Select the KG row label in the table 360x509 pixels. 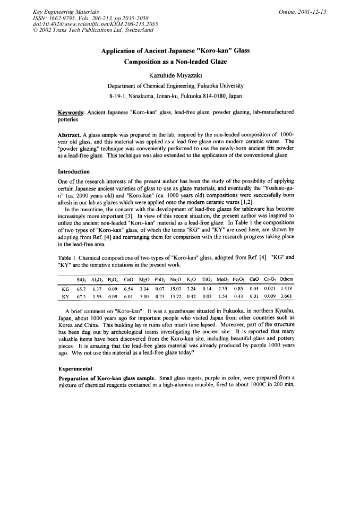click(x=66, y=289)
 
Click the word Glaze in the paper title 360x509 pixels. click(x=213, y=62)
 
